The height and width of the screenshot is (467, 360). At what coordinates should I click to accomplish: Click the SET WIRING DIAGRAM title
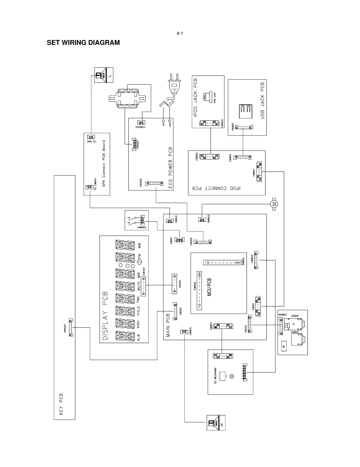coord(83,43)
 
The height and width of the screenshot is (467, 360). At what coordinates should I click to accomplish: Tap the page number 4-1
coord(180,33)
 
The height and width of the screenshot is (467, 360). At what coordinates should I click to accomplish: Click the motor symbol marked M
coord(274,204)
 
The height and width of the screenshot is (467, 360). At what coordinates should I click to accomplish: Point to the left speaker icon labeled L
coord(104,75)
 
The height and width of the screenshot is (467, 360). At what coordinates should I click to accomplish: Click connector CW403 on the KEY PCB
coord(71,328)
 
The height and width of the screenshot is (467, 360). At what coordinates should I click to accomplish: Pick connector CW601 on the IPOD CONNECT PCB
coord(260,172)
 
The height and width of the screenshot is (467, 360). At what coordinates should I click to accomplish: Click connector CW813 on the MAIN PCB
coord(184,332)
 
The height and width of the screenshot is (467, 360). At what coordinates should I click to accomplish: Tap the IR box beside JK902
coord(284,347)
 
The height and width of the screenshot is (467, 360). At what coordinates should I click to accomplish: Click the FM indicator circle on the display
coord(140,261)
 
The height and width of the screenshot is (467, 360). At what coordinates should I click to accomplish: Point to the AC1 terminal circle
coord(163,121)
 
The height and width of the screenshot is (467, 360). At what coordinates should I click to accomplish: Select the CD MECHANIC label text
coord(215,376)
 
